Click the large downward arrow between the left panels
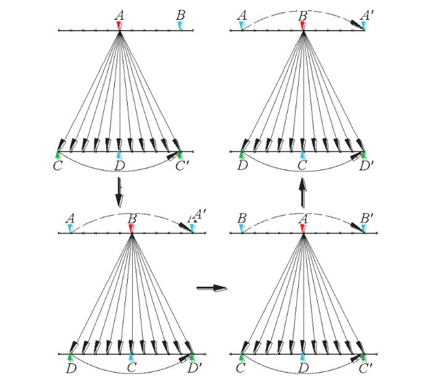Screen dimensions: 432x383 click(x=119, y=192)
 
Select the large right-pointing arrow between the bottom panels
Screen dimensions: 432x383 click(x=212, y=288)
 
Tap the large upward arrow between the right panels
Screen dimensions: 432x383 click(x=303, y=192)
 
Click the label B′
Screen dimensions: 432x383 click(x=367, y=218)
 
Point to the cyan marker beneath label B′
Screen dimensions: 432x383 click(x=364, y=228)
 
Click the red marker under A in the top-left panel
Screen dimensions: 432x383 click(x=119, y=26)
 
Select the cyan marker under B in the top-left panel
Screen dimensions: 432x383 click(x=180, y=26)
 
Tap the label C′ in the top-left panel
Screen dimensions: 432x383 click(x=182, y=166)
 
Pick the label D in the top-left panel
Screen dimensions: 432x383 click(x=120, y=166)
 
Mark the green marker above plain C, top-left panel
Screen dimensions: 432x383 click(x=58, y=155)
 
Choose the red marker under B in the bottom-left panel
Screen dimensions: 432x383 click(x=131, y=228)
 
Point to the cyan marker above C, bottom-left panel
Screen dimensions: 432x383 click(x=131, y=357)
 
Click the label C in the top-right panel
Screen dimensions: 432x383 click(x=302, y=166)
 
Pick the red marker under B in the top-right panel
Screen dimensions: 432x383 click(x=303, y=26)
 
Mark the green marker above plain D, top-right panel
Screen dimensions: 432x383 click(x=242, y=155)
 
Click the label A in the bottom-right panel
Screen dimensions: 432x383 click(x=304, y=218)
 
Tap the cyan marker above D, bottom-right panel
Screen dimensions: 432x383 click(x=303, y=357)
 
